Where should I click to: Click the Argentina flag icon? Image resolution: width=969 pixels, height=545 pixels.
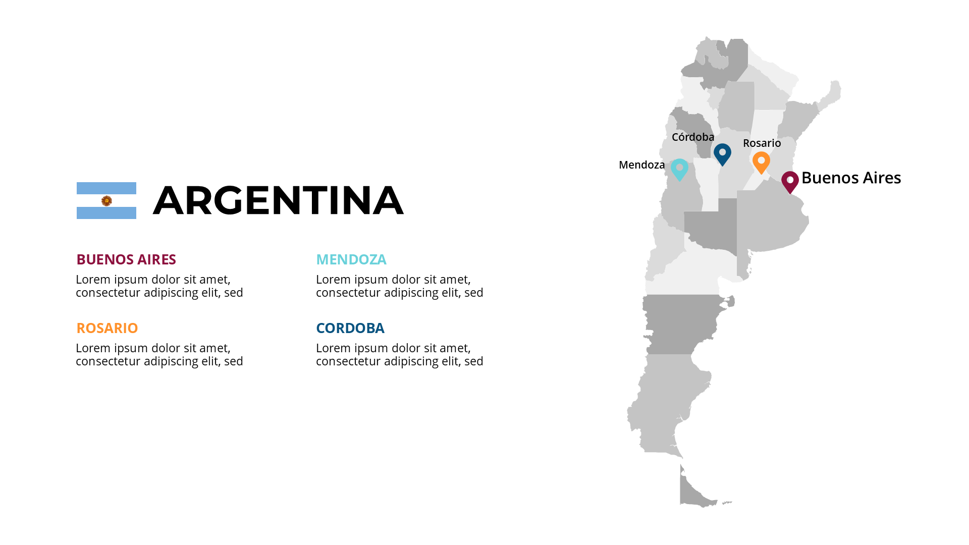(106, 200)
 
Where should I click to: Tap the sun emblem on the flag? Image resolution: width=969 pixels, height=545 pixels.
(106, 201)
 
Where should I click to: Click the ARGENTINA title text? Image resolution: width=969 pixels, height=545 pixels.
(278, 200)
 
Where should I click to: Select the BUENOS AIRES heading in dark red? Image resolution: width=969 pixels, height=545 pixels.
(126, 259)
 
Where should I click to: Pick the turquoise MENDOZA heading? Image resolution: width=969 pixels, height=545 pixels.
(351, 259)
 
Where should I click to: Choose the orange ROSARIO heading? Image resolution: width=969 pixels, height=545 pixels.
(107, 328)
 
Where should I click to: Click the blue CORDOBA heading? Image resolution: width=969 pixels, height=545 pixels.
(350, 328)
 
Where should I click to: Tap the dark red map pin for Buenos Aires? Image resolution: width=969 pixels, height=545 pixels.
(790, 181)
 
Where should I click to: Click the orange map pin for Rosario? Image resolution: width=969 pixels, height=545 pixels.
(761, 162)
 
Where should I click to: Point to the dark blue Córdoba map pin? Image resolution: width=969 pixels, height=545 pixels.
(722, 153)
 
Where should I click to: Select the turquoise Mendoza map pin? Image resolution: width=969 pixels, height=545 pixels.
(679, 169)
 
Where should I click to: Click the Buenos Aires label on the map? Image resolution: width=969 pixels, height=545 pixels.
(851, 178)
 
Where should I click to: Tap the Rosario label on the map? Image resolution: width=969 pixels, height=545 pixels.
(762, 143)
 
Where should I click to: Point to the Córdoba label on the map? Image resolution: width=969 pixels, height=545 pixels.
(693, 137)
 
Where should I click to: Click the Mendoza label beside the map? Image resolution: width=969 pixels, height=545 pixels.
(641, 165)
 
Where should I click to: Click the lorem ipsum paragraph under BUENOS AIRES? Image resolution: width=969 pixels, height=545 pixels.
(159, 286)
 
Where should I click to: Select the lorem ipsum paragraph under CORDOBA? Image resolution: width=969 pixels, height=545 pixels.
(399, 355)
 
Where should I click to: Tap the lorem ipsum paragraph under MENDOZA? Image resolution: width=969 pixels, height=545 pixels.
(399, 286)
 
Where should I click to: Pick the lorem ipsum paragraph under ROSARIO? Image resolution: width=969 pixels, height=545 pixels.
(159, 355)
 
